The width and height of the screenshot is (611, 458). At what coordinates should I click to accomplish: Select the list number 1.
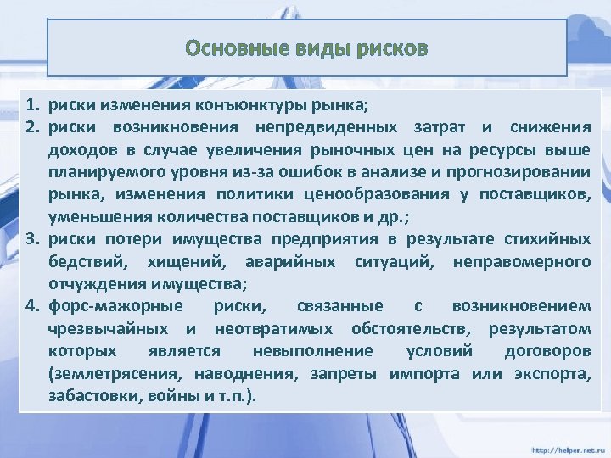31,106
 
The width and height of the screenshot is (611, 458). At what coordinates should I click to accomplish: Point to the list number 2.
31,128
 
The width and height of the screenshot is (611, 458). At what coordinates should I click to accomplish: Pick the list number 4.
31,306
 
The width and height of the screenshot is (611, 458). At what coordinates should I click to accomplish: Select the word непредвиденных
324,128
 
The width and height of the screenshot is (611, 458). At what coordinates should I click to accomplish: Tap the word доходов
81,150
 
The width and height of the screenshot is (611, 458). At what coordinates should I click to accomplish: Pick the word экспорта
552,373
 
